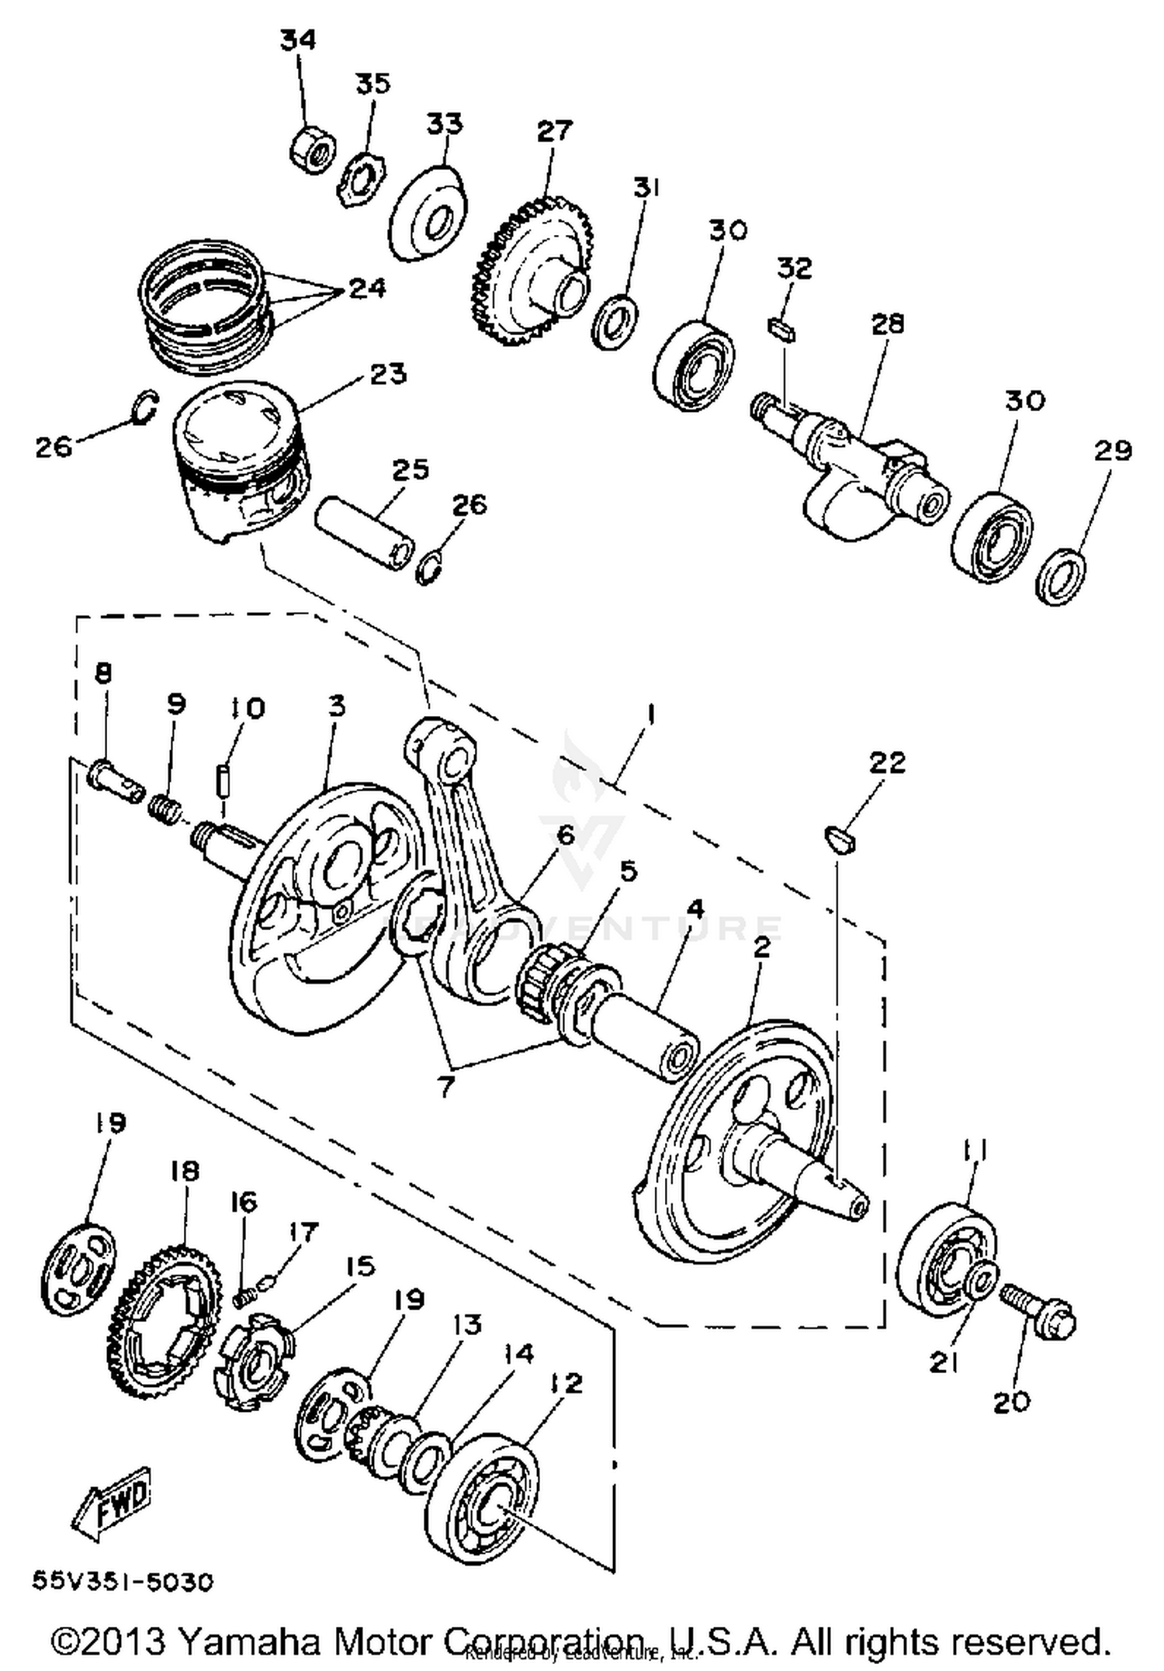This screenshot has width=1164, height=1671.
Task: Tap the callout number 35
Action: tap(373, 84)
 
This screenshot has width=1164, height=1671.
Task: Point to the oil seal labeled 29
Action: tap(1061, 576)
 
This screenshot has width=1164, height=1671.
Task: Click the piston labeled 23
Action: tap(240, 458)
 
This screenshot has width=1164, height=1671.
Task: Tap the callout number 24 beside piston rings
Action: tap(366, 289)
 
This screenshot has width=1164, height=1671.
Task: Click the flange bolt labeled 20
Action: tap(1039, 1310)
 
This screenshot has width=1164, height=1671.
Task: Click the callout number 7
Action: tap(444, 1086)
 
